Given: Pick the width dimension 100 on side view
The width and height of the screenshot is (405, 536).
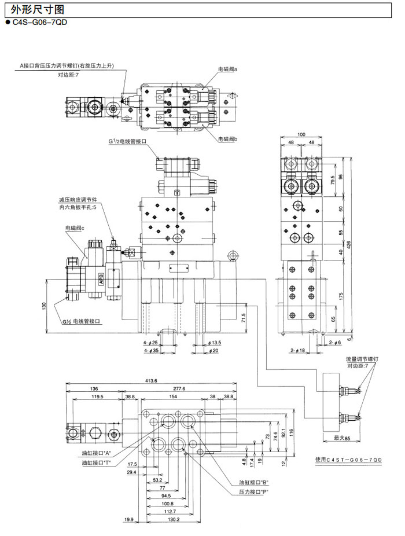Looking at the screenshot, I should click(301, 134).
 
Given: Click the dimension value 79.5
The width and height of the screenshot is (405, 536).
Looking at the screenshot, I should click(332, 181).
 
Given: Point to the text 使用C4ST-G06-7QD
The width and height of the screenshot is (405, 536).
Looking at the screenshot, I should click(349, 459).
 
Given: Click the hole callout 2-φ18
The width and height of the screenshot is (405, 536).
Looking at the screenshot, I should click(298, 351).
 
